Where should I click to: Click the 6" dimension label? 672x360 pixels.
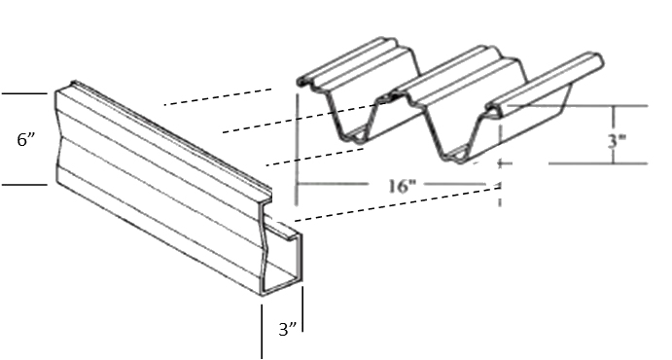pyautogui.click(x=26, y=140)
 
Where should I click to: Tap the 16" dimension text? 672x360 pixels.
pyautogui.click(x=402, y=187)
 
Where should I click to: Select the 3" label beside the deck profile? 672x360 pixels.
pyautogui.click(x=617, y=141)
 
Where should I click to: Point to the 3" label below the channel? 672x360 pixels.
pyautogui.click(x=288, y=329)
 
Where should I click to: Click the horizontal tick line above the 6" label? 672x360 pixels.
pyautogui.click(x=24, y=93)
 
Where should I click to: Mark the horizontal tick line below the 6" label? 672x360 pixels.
pyautogui.click(x=24, y=185)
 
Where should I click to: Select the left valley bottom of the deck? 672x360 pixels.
pyautogui.click(x=356, y=137)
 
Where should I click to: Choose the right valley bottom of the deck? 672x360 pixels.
pyautogui.click(x=455, y=155)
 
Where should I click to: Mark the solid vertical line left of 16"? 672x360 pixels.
pyautogui.click(x=297, y=150)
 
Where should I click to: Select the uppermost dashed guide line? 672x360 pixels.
pyautogui.click(x=218, y=97)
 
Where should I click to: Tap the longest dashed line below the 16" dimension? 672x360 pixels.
pyautogui.click(x=398, y=203)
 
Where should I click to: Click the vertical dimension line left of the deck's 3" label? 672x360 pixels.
pyautogui.click(x=614, y=134)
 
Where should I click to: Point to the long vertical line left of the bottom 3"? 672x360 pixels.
pyautogui.click(x=262, y=332)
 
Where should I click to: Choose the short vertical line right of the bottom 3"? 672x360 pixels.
pyautogui.click(x=302, y=309)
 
